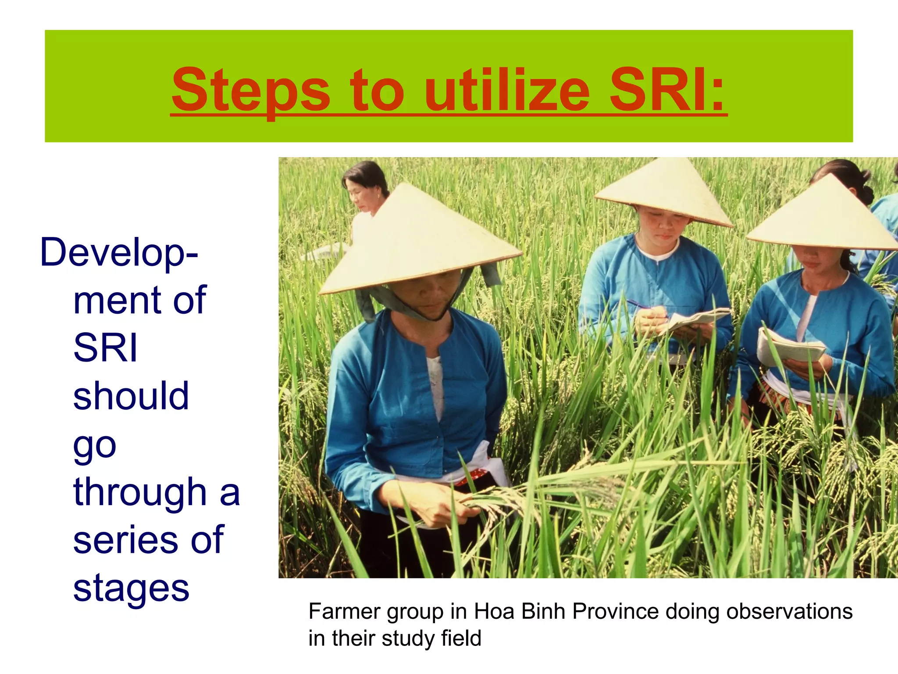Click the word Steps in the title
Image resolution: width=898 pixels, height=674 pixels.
(x=250, y=91)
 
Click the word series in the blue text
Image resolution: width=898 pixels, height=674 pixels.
(x=125, y=539)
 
